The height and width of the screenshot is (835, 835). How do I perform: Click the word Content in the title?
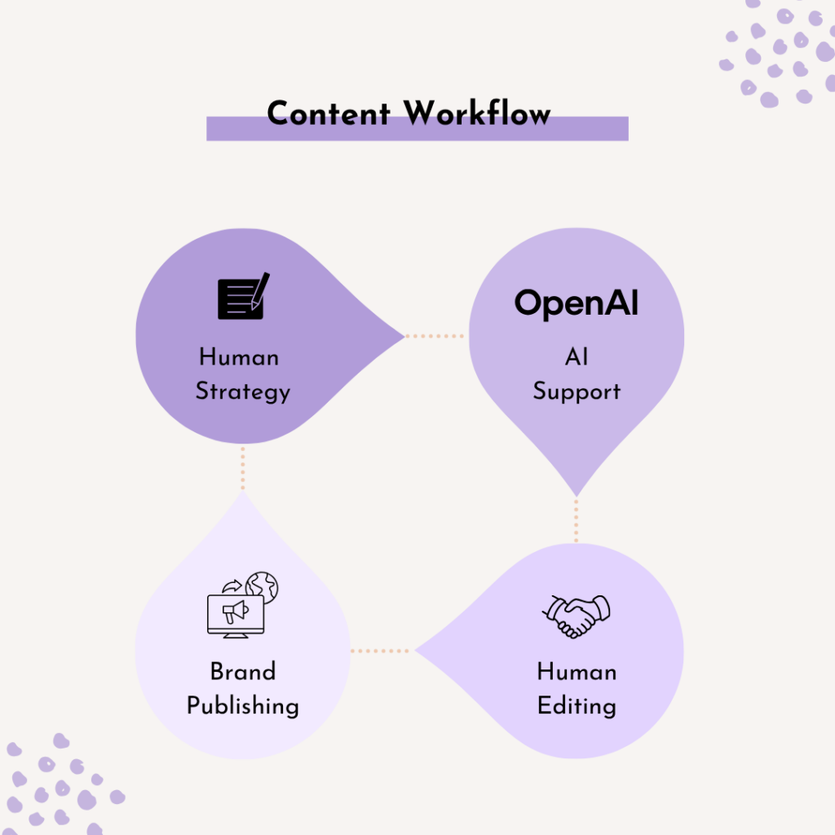click(329, 113)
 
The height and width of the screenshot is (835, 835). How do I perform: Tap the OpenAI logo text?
click(577, 303)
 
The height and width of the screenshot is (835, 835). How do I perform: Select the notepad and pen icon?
click(243, 297)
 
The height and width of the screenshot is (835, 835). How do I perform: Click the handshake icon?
click(577, 616)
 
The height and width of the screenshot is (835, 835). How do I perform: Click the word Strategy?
click(243, 392)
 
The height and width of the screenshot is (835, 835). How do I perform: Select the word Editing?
click(577, 705)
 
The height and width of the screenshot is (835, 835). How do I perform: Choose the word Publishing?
click(243, 705)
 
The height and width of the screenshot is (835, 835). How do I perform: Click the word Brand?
click(243, 671)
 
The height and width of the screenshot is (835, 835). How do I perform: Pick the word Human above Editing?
click(577, 671)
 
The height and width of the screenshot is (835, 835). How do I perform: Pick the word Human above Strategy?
click(239, 357)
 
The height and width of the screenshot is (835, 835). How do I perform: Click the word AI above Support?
click(577, 357)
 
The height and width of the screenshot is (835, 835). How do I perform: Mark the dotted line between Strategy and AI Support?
click(435, 336)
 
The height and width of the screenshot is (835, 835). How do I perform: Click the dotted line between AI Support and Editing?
click(577, 519)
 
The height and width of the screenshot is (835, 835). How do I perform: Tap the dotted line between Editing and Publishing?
click(382, 651)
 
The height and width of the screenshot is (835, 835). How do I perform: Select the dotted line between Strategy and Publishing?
click(243, 467)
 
